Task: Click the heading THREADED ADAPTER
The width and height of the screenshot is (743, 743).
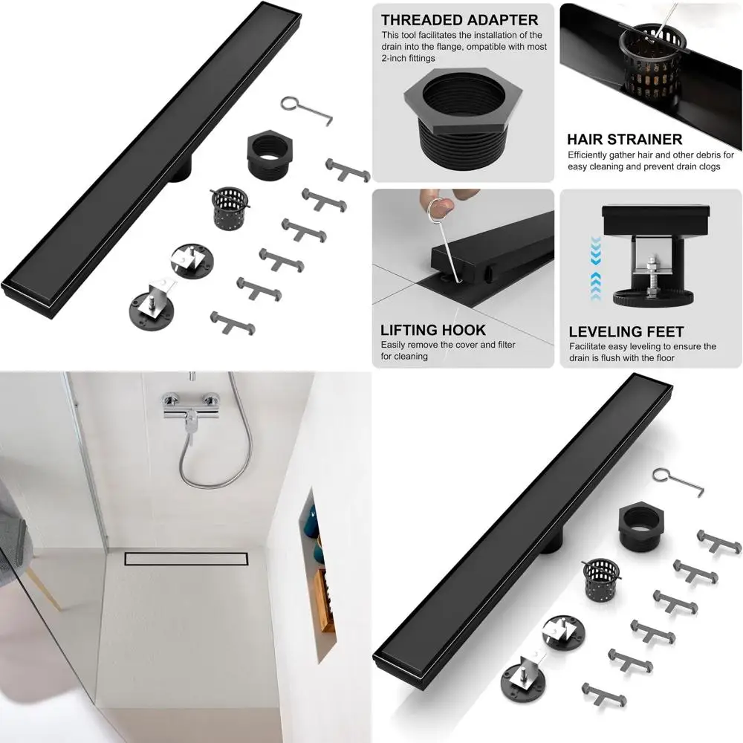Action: [x=460, y=20]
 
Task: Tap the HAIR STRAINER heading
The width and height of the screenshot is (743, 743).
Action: [x=624, y=139]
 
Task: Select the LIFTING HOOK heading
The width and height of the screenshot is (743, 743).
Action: [x=432, y=330]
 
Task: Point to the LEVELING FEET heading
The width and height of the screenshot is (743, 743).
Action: [x=626, y=332]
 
